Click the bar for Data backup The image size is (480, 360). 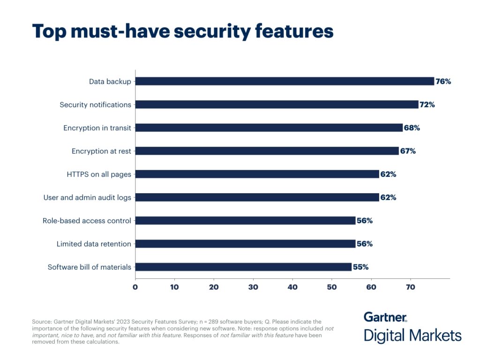[x=285, y=82]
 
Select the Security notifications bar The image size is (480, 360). [x=277, y=105]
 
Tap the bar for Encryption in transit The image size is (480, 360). [x=269, y=127]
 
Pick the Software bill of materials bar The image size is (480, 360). [x=243, y=267]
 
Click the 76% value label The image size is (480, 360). [x=443, y=82]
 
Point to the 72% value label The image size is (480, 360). [x=427, y=105]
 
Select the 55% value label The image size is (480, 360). [x=360, y=267]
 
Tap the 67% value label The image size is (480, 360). [x=408, y=151]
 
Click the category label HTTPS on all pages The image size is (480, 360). [x=99, y=174]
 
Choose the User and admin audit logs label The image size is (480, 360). [x=87, y=197]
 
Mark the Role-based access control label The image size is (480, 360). [x=87, y=221]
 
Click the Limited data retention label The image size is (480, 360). [x=94, y=244]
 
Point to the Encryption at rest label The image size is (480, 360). [x=101, y=151]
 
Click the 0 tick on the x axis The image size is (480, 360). [x=135, y=286]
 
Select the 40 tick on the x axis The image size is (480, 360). [x=292, y=286]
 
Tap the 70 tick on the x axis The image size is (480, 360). [x=411, y=286]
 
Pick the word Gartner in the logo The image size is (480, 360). [x=385, y=317]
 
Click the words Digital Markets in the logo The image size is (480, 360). [x=412, y=336]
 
